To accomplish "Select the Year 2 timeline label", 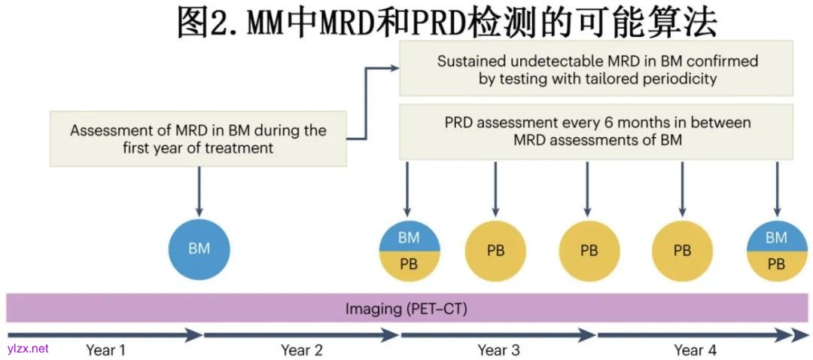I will pos(301,350).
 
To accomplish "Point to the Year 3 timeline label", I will pos(498,350).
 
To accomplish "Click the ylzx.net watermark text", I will pos(27,348).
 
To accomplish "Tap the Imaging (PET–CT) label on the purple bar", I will pos(406,309).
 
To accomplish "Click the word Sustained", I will pos(471,61).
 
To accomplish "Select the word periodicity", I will pos(674,78).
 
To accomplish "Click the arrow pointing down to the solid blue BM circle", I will pos(199,192).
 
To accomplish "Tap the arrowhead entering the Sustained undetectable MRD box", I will pos(394,68).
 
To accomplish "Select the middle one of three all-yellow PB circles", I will pos(589,250).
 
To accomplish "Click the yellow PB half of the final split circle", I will pos(776,265).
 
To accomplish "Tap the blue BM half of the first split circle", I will pos(409,237).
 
